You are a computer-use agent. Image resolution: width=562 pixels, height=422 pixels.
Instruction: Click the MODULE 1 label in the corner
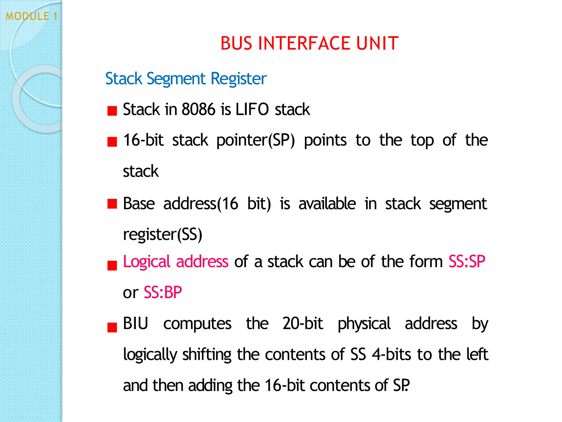pyautogui.click(x=32, y=16)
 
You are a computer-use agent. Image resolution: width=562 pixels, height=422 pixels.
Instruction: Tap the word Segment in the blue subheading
pyautogui.click(x=176, y=79)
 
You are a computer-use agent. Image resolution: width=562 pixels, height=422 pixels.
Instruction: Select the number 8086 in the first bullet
pyautogui.click(x=198, y=109)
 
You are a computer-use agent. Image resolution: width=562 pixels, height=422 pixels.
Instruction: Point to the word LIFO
pyautogui.click(x=252, y=109)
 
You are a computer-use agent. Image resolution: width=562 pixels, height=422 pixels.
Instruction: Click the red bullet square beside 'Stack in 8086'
pyautogui.click(x=112, y=111)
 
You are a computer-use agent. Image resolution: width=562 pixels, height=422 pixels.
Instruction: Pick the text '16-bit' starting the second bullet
pyautogui.click(x=143, y=140)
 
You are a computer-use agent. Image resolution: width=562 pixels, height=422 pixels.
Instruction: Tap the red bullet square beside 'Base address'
pyautogui.click(x=112, y=204)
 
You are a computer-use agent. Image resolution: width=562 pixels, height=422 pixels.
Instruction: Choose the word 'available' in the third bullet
pyautogui.click(x=327, y=204)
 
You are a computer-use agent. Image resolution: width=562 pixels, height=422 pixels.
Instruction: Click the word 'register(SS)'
pyautogui.click(x=162, y=235)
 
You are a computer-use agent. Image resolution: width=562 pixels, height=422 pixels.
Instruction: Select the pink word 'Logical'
pyautogui.click(x=147, y=262)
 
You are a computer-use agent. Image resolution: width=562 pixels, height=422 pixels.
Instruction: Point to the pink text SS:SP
pyautogui.click(x=467, y=261)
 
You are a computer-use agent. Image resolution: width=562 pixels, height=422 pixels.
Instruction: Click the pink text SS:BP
pyautogui.click(x=163, y=292)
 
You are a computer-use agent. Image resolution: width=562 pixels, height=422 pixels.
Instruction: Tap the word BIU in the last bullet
pyautogui.click(x=136, y=323)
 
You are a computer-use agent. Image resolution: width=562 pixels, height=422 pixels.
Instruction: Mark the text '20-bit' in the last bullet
pyautogui.click(x=303, y=323)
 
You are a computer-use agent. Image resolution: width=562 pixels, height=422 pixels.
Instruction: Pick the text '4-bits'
pyautogui.click(x=391, y=354)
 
